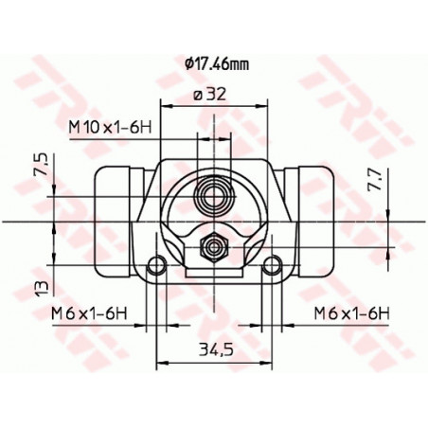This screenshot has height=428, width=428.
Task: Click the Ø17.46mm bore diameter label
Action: click(x=217, y=63)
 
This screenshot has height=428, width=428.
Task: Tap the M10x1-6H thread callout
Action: click(x=110, y=125)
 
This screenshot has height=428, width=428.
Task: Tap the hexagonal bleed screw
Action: click(x=214, y=249)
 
